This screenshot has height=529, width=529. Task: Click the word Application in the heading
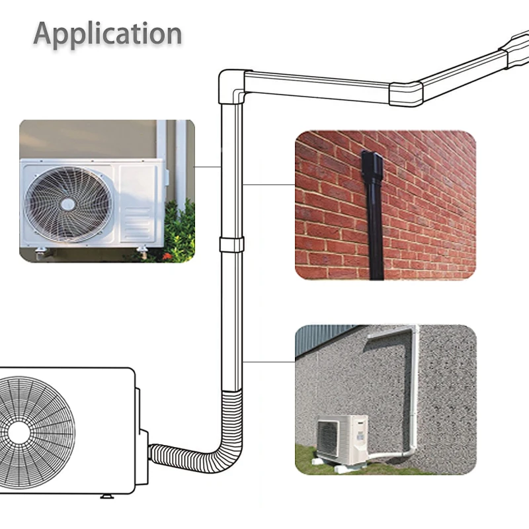click(x=108, y=34)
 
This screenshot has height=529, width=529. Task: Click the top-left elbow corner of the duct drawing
click(x=231, y=83)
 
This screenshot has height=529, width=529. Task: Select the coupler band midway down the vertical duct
click(x=231, y=244)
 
